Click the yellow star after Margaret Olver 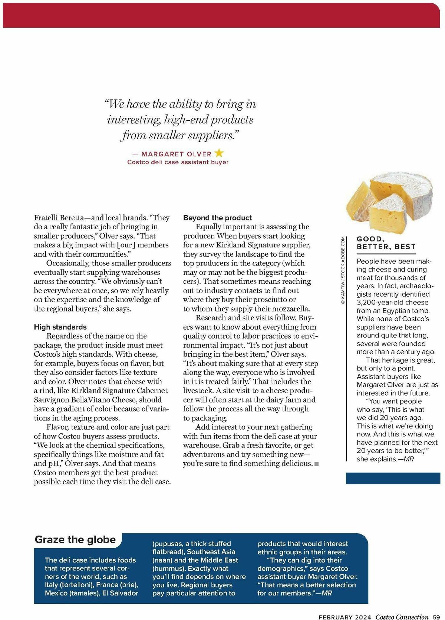pyautogui.click(x=219, y=153)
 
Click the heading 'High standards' pyautogui.click(x=60, y=327)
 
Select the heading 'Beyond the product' pyautogui.click(x=217, y=218)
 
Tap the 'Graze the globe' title pyautogui.click(x=75, y=540)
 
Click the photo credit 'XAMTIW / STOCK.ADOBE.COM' pyautogui.click(x=343, y=270)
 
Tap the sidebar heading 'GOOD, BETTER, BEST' pyautogui.click(x=386, y=243)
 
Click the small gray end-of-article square pyautogui.click(x=316, y=464)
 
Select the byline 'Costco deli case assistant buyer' pyautogui.click(x=178, y=162)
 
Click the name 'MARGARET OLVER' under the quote pyautogui.click(x=176, y=154)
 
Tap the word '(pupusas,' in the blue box pyautogui.click(x=168, y=544)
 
